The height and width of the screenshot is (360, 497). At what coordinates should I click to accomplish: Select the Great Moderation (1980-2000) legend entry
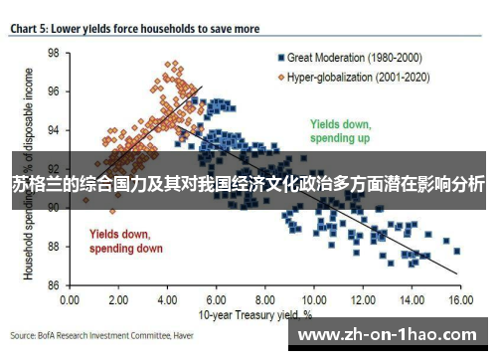coord(346,57)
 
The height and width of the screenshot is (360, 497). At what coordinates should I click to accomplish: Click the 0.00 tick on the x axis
coord(71,298)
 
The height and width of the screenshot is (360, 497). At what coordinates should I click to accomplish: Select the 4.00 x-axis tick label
coord(167,298)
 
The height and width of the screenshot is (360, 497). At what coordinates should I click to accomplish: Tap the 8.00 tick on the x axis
coord(263,298)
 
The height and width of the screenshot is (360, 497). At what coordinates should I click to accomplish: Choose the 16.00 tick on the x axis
coord(457,298)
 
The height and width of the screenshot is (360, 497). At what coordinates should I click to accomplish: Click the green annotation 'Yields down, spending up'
coord(340,132)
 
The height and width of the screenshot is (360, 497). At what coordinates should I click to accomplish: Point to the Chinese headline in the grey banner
coord(248,185)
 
